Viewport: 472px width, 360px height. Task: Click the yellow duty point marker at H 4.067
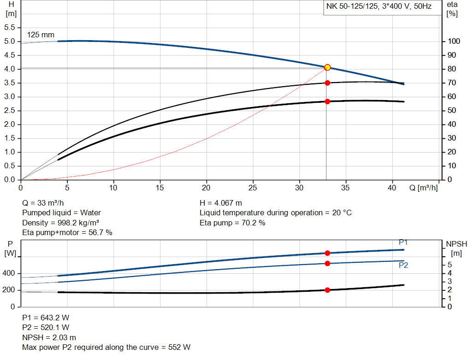click(x=327, y=67)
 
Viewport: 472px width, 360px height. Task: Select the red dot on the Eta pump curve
click(x=327, y=83)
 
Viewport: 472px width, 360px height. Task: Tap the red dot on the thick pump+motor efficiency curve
click(x=327, y=101)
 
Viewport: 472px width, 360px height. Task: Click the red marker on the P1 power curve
click(x=327, y=253)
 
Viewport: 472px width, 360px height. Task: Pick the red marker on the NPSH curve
click(x=327, y=290)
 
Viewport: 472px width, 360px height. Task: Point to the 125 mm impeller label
click(x=41, y=35)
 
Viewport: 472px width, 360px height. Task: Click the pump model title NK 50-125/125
click(x=353, y=7)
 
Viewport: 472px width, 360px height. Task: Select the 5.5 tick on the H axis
click(x=10, y=28)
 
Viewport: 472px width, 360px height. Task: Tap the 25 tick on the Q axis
click(x=253, y=188)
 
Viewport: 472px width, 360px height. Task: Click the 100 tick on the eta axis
click(x=454, y=41)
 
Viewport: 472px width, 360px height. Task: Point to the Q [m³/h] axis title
click(x=423, y=188)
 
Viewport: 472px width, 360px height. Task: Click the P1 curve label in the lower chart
click(x=403, y=242)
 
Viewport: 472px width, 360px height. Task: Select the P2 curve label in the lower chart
click(x=403, y=265)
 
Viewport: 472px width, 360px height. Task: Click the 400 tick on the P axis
click(x=10, y=273)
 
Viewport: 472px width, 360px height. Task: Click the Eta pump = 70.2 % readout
click(x=232, y=223)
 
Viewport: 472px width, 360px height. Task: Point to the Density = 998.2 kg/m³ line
click(x=61, y=223)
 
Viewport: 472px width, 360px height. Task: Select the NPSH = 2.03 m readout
click(x=49, y=337)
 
